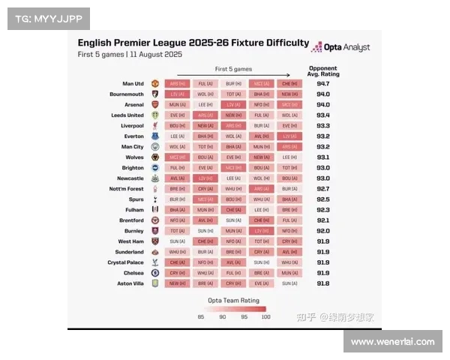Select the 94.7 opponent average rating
(322, 84)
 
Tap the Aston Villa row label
(130, 283)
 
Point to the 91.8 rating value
(322, 283)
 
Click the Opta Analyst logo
(340, 46)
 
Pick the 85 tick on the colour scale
(201, 316)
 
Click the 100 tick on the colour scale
(265, 316)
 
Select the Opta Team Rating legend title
(232, 300)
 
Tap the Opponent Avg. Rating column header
(322, 71)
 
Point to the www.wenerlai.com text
(392, 342)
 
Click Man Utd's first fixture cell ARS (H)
(178, 84)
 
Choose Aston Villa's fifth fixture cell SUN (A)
(289, 283)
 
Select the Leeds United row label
(127, 115)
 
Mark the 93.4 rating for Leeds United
(322, 115)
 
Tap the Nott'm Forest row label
(127, 189)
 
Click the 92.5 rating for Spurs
(322, 199)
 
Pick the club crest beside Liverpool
(155, 126)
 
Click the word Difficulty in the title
(283, 43)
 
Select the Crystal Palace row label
(126, 262)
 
